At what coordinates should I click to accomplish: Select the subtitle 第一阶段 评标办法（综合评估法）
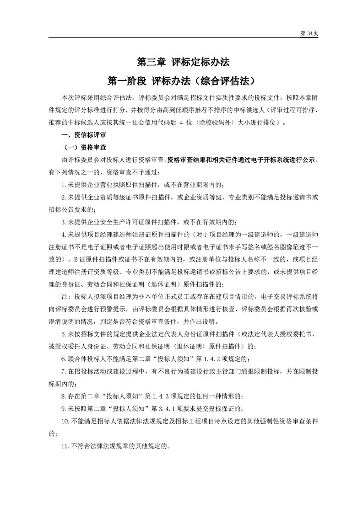181,80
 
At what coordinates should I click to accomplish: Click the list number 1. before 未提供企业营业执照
64,185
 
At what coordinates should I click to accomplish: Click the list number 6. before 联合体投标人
64,358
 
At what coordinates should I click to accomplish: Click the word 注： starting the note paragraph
66,296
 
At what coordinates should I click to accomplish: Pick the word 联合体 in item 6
76,358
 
